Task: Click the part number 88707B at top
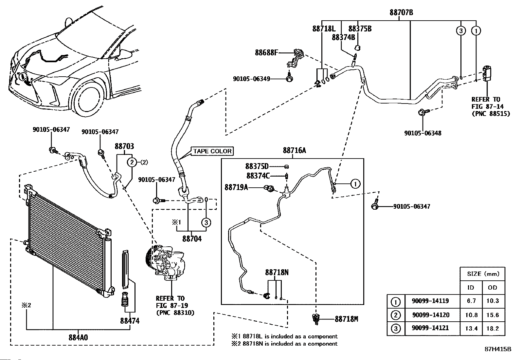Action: pos(401,12)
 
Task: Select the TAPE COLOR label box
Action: pos(212,151)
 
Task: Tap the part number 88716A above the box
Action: pos(294,150)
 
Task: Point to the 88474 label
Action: pos(130,321)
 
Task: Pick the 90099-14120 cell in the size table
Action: pos(431,315)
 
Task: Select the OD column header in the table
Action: pos(492,287)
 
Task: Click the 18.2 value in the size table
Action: pos(492,328)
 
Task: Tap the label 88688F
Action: pos(267,52)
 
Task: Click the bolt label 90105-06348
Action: pos(422,133)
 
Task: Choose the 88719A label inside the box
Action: pos(236,187)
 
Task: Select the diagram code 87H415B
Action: pos(498,349)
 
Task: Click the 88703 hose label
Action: pos(124,146)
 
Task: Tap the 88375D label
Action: pos(257,166)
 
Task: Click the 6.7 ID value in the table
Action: pos(471,301)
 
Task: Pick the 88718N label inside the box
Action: pos(277,272)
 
